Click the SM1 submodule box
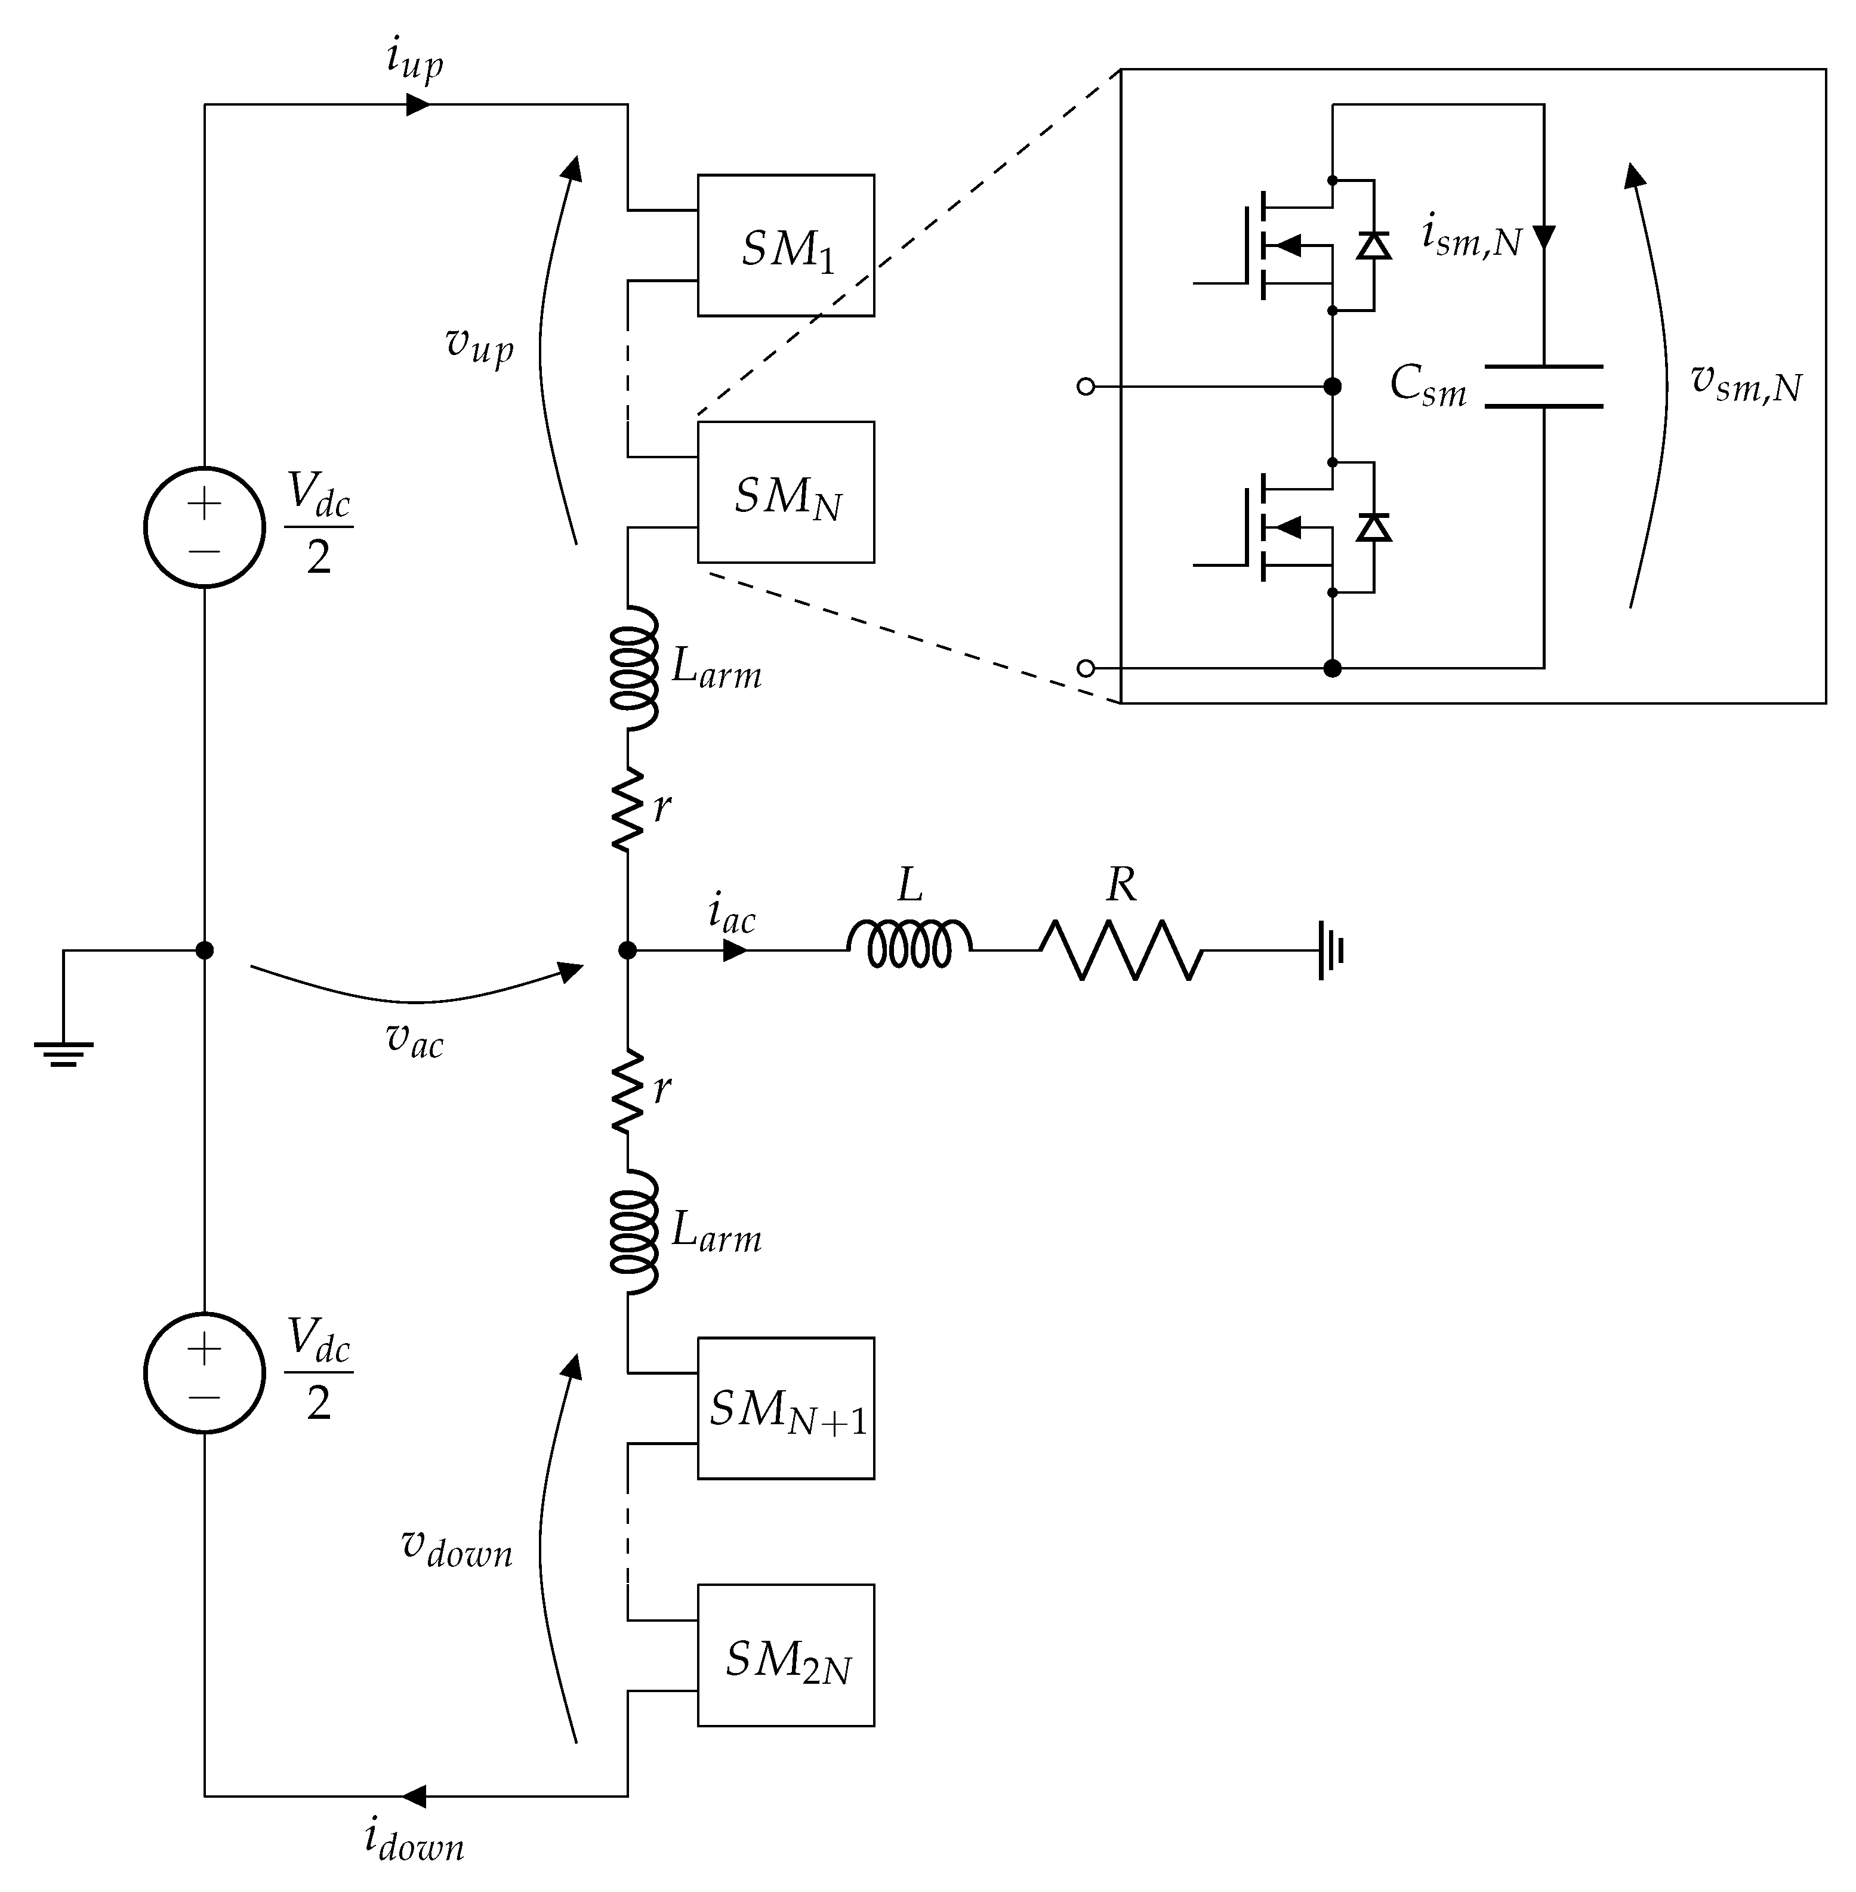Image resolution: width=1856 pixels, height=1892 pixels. pyautogui.click(x=786, y=246)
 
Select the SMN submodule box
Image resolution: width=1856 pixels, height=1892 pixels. pyautogui.click(x=786, y=492)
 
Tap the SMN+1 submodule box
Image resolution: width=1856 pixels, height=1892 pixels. pyautogui.click(x=786, y=1409)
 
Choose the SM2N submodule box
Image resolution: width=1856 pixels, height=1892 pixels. pyautogui.click(x=786, y=1655)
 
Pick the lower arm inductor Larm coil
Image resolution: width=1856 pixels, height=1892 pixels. pyautogui.click(x=634, y=1233)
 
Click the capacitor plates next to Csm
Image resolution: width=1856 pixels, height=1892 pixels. pyautogui.click(x=1544, y=386)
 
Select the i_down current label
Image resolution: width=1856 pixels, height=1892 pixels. pyautogui.click(x=414, y=1841)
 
